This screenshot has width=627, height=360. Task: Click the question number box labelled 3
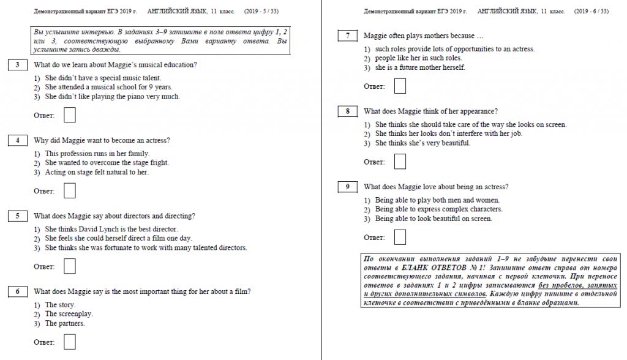(17, 64)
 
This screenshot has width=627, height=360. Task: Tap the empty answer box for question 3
(70, 115)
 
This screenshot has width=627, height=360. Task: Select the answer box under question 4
(70, 191)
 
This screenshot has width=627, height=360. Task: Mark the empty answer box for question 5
(70, 266)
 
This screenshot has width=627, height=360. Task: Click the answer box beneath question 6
(70, 342)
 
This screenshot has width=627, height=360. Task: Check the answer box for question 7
(400, 86)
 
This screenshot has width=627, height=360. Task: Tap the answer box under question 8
(400, 162)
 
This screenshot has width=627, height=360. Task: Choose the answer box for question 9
(400, 237)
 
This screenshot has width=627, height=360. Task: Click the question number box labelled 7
(347, 36)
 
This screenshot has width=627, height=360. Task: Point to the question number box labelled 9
(347, 187)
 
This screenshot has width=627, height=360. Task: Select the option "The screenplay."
(69, 314)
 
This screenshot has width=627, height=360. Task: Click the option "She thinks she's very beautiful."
(422, 143)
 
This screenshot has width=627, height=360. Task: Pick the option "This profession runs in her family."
(97, 154)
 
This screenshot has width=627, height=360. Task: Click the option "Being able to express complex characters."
(438, 209)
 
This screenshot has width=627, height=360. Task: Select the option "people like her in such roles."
(418, 58)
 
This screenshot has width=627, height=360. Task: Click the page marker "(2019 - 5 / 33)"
(261, 11)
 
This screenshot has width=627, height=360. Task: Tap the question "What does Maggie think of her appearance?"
(430, 111)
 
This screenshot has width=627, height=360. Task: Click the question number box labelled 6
(17, 291)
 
